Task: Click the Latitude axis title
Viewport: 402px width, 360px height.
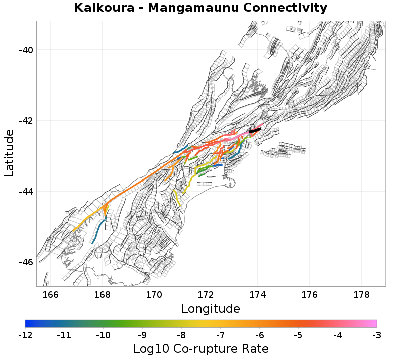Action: [x=9, y=153]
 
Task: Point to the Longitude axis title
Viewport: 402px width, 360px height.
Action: [x=211, y=308]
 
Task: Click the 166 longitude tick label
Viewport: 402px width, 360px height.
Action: [x=51, y=295]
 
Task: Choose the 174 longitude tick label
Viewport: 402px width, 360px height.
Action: [x=257, y=295]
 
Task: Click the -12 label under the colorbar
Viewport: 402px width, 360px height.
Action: [x=25, y=335]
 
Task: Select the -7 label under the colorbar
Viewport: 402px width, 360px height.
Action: [x=221, y=335]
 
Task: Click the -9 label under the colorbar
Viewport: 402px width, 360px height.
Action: [x=142, y=335]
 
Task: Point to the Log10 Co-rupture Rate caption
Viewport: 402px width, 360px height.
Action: [x=201, y=348]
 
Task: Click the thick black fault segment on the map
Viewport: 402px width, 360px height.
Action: [x=255, y=131]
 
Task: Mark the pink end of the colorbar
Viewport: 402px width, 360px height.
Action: [x=373, y=324]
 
